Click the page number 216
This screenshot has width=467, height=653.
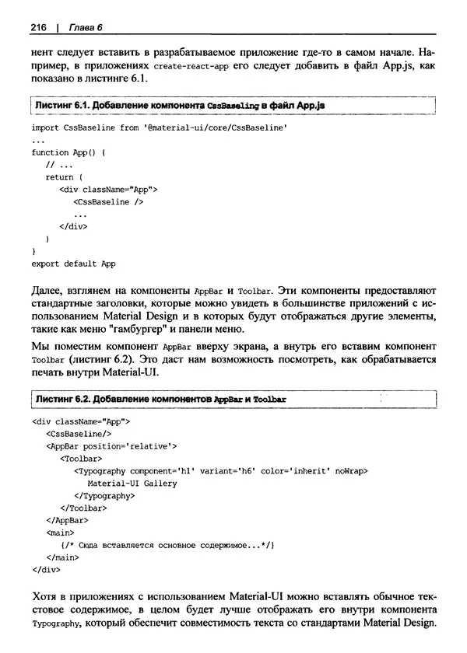pyautogui.click(x=39, y=29)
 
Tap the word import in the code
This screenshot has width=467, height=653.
pyautogui.click(x=46, y=127)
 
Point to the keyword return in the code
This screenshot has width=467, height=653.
pyautogui.click(x=60, y=177)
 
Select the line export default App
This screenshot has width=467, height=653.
pyautogui.click(x=73, y=264)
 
